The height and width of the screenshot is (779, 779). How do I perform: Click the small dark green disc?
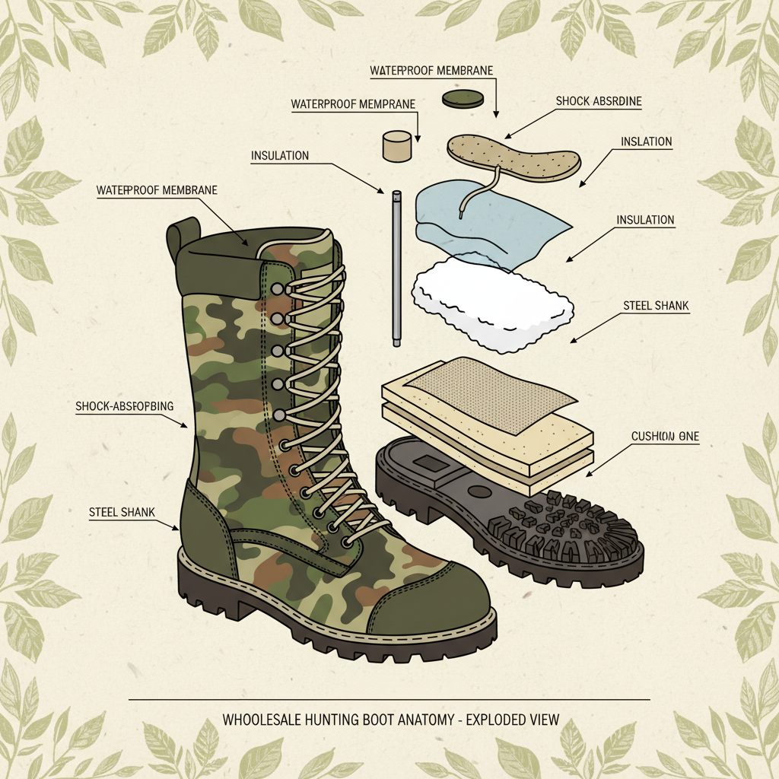pyautogui.click(x=463, y=98)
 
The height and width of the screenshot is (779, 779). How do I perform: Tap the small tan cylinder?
pyautogui.click(x=396, y=146)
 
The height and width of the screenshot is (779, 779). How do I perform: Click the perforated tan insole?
pyautogui.click(x=514, y=155)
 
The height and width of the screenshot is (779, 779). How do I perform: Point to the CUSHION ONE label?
pyautogui.click(x=665, y=437)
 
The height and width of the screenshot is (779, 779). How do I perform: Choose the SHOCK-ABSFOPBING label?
pyautogui.click(x=125, y=406)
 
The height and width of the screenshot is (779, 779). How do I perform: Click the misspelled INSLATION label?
pyautogui.click(x=646, y=141)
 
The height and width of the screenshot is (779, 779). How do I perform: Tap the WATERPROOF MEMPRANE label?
pyautogui.click(x=354, y=103)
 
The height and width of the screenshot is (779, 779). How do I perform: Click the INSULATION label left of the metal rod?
pyautogui.click(x=280, y=156)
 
